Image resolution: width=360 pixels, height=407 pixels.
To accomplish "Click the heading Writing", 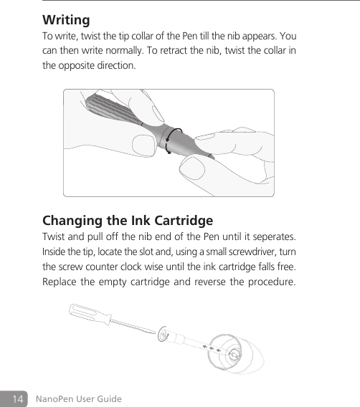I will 66,19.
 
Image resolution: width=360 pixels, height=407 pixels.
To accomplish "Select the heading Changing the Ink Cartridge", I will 128,219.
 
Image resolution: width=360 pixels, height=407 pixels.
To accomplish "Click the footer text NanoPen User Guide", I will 78,398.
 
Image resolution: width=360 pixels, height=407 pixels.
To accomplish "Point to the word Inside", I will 55,253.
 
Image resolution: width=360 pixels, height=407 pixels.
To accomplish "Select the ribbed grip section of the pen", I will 112,115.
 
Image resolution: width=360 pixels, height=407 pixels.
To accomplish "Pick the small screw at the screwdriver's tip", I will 164,333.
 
